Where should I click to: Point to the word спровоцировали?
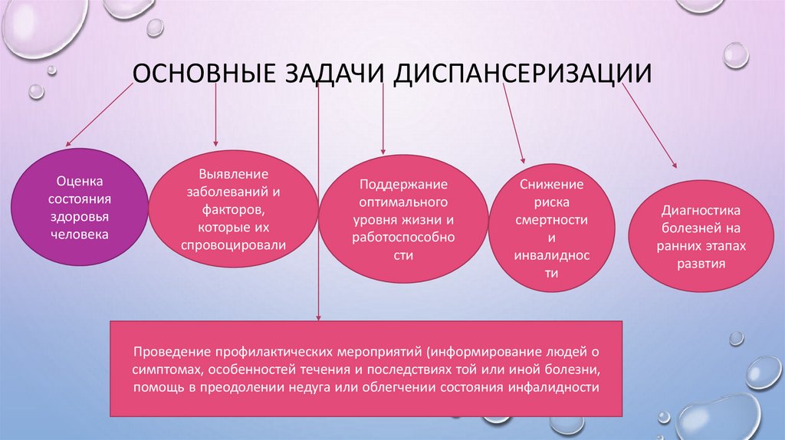[x=233, y=246]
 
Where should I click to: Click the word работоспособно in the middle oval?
[x=404, y=238]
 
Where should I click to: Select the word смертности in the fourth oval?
[x=552, y=220]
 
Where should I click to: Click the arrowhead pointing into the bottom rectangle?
[x=319, y=317]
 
